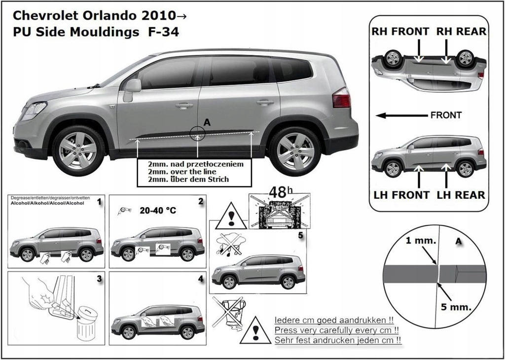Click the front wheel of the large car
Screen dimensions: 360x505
pyautogui.click(x=78, y=150)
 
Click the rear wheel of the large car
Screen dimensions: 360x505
pyautogui.click(x=295, y=151)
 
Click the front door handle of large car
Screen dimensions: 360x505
pyautogui.click(x=184, y=106)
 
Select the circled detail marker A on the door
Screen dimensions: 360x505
pyautogui.click(x=197, y=133)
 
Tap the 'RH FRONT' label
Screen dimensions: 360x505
pyautogui.click(x=400, y=32)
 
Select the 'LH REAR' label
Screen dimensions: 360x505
pyautogui.click(x=461, y=195)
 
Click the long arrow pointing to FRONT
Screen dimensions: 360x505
pyautogui.click(x=399, y=115)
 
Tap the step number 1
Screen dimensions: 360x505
pyautogui.click(x=99, y=202)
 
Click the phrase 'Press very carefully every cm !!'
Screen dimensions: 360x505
pyautogui.click(x=337, y=330)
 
